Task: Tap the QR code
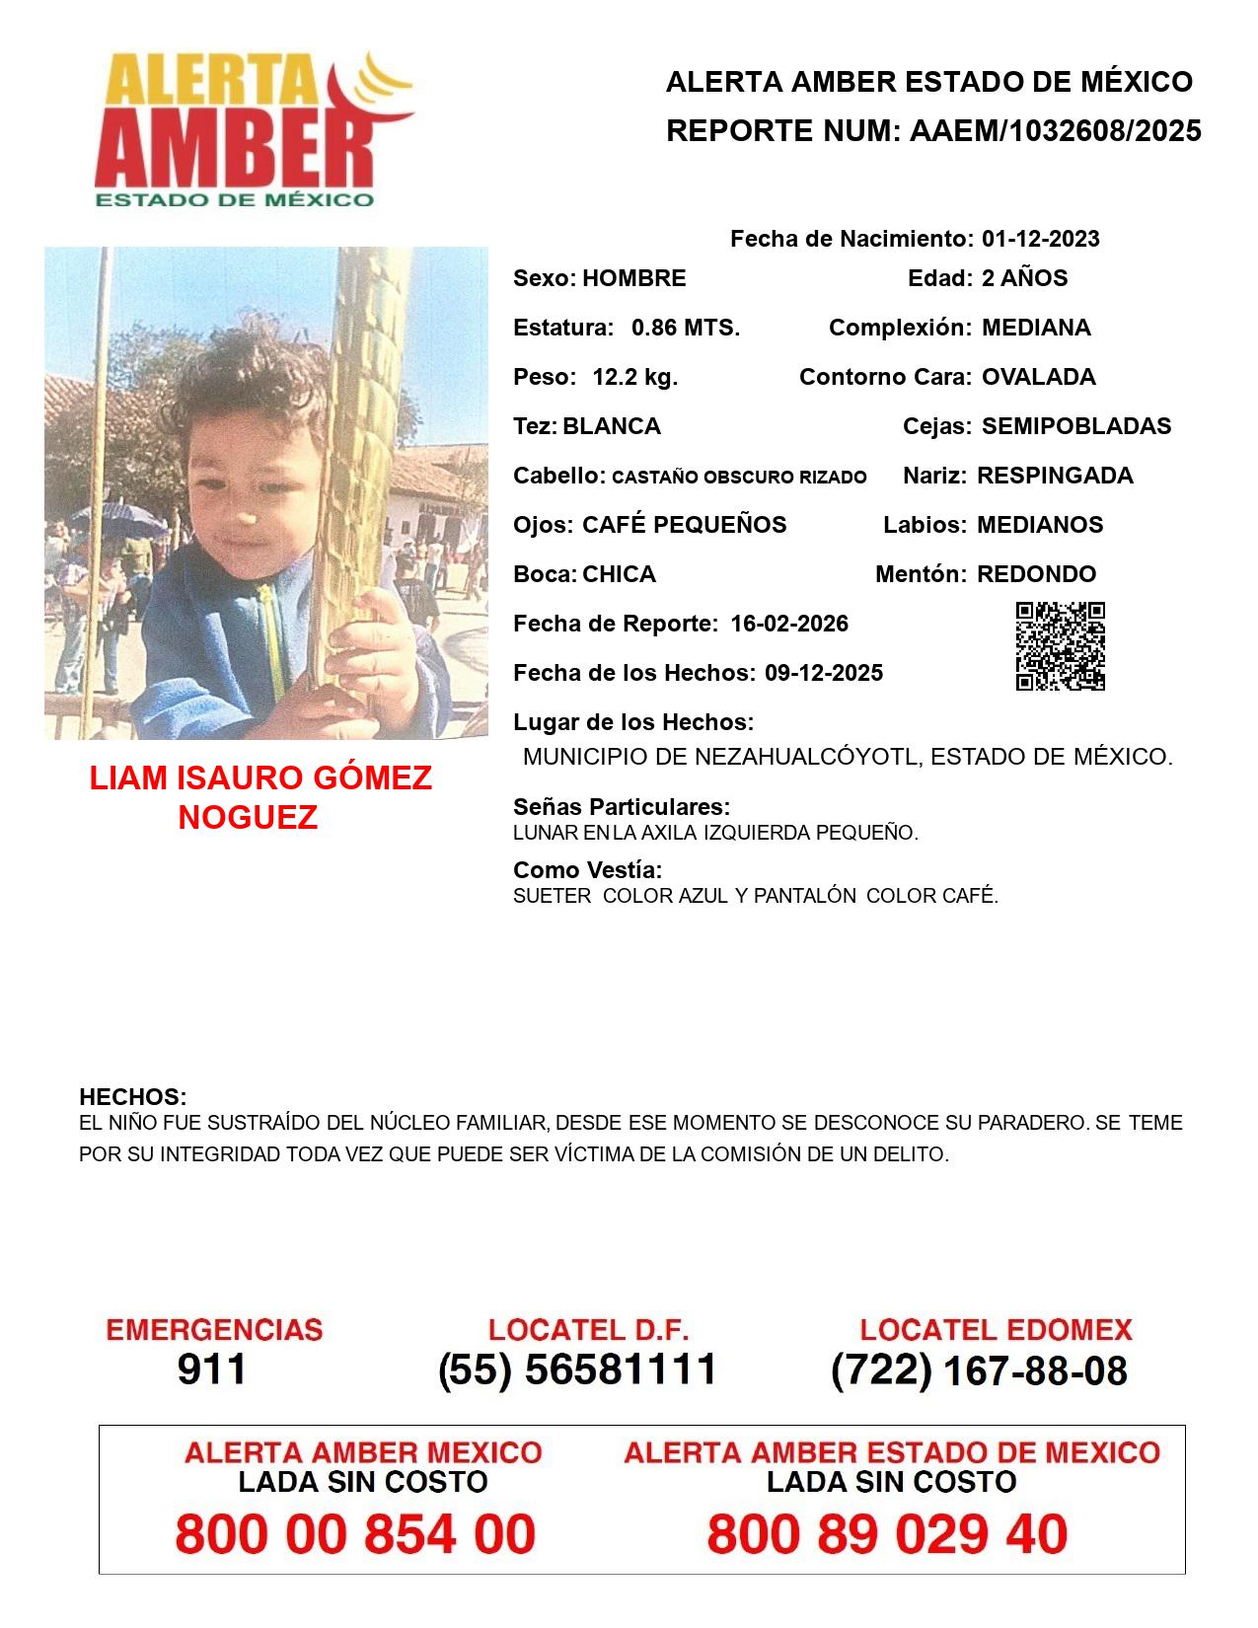point(1060,646)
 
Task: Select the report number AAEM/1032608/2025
point(1055,131)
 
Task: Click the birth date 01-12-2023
point(1040,239)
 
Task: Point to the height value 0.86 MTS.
point(686,328)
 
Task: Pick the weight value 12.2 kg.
point(634,377)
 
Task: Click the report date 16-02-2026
point(789,624)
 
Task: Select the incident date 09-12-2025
point(824,673)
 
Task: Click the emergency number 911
point(212,1369)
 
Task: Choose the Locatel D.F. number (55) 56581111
point(578,1369)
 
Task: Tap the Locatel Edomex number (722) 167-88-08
point(979,1370)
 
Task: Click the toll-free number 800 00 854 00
point(355,1534)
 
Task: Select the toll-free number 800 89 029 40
point(887,1534)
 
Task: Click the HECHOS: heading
point(132,1097)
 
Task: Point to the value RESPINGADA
point(1055,476)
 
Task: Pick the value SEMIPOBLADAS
point(1076,426)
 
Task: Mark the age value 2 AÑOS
point(1024,278)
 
